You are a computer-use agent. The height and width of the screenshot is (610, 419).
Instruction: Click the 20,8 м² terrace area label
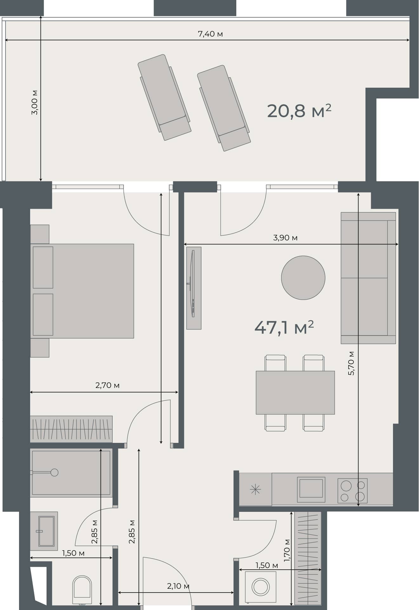point(299,111)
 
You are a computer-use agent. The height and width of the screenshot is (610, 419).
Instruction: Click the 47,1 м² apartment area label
point(284,328)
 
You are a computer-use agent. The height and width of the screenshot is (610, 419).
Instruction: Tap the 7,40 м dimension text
point(210,34)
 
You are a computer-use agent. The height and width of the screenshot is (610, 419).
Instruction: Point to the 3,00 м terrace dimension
point(35,102)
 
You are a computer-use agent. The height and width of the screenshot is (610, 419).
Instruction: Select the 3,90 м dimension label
point(285,238)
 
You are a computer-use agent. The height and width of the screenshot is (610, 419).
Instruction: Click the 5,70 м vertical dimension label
point(351,363)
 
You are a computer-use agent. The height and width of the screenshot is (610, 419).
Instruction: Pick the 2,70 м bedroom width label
point(107,385)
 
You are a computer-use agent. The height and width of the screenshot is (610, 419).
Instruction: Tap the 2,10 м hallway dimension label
point(178,586)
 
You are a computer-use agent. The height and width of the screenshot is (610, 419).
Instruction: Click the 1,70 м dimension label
point(287,550)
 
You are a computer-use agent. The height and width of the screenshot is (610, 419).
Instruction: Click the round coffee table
point(303,278)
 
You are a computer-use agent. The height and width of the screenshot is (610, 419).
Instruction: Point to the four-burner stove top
point(352,491)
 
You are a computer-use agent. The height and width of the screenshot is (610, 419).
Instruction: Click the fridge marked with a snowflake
point(255,490)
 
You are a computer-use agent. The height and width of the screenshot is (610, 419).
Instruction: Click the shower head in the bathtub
point(54,472)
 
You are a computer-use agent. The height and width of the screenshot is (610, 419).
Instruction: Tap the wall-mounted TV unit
point(193,288)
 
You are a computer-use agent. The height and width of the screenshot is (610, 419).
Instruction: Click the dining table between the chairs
point(295,392)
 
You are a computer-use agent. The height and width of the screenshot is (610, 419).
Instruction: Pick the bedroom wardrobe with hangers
point(71,429)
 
